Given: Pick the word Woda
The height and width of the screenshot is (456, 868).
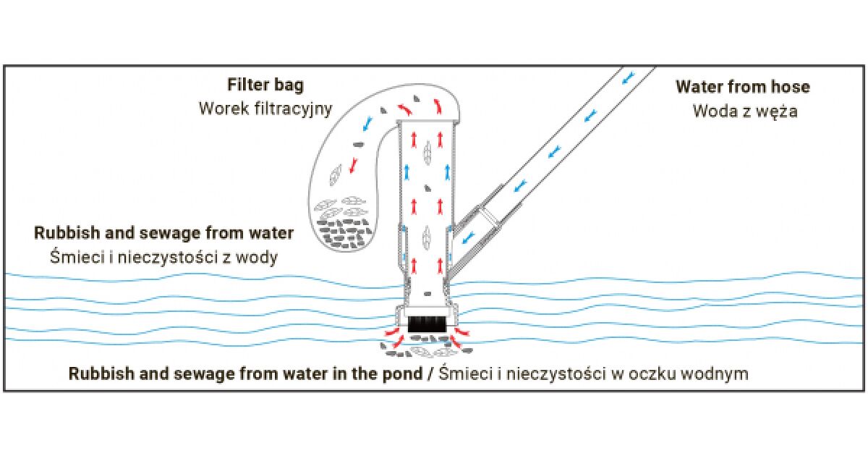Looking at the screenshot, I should coord(715,112).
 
